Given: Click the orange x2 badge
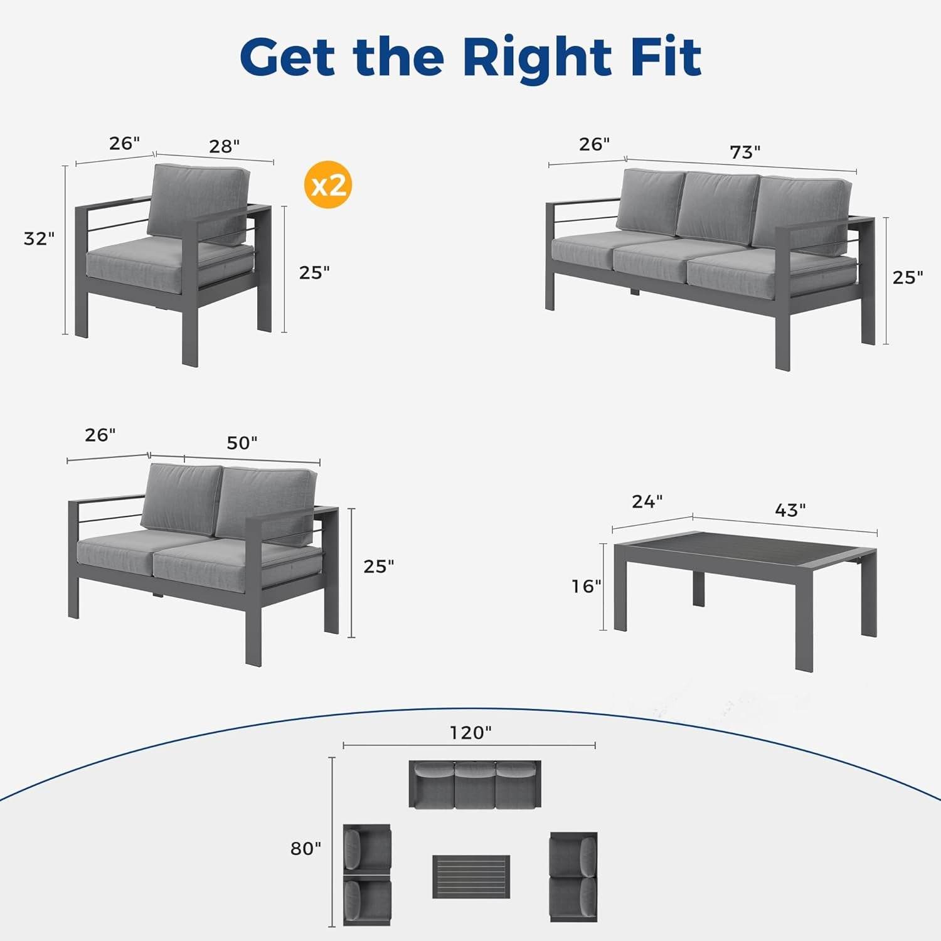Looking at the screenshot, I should [x=327, y=184].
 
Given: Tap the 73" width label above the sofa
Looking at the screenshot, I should [x=745, y=152].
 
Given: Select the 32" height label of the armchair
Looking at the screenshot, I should [x=39, y=239].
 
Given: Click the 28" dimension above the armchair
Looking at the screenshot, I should [x=224, y=146].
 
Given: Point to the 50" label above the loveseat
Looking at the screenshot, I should [x=242, y=443].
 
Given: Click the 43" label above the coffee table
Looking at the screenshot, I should [x=790, y=510].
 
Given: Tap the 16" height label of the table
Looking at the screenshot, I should [x=586, y=586].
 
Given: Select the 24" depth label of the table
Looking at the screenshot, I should [x=647, y=502].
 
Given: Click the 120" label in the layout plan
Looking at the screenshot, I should [x=470, y=733].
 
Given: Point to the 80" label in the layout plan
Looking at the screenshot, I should [x=306, y=849].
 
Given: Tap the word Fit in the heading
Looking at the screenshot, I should [x=666, y=57].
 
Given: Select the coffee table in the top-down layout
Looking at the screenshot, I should [x=470, y=876].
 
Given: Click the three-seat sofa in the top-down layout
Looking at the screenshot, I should [x=475, y=785].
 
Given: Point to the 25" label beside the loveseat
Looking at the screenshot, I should [x=379, y=566].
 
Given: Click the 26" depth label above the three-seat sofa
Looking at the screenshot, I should [x=593, y=144].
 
